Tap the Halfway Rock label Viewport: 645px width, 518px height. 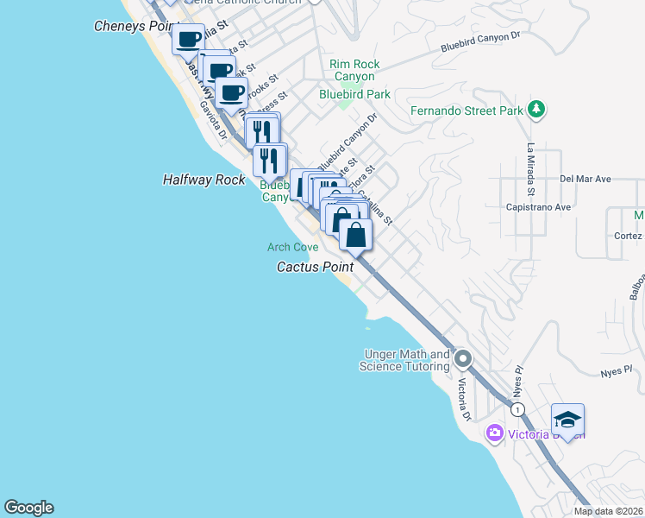204,180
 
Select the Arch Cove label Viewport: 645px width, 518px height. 292,247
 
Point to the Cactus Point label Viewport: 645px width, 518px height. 315,267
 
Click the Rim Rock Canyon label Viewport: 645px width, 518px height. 354,71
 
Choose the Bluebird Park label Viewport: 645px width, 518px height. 354,94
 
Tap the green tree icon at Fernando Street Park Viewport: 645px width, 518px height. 537,109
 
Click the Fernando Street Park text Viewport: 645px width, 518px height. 467,111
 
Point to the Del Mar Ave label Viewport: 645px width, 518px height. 585,179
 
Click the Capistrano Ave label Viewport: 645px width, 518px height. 539,207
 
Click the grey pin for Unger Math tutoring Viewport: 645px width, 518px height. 463,357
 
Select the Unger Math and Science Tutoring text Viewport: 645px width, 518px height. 407,361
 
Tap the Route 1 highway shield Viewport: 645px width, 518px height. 517,408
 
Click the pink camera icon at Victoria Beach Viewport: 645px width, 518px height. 494,433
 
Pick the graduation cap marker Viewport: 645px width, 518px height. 567,420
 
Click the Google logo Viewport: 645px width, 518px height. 28,508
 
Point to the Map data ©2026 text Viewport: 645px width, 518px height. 609,511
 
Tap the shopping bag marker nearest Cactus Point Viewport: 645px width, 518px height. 355,233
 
